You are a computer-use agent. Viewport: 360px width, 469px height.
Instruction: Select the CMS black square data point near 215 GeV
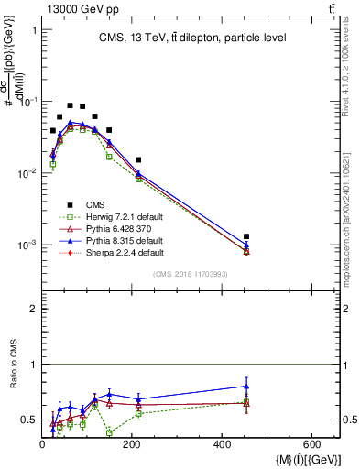click(138, 160)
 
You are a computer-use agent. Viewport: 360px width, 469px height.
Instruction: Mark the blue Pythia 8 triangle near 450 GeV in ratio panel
click(246, 386)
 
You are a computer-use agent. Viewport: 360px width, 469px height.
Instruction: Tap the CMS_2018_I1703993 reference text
click(191, 274)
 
